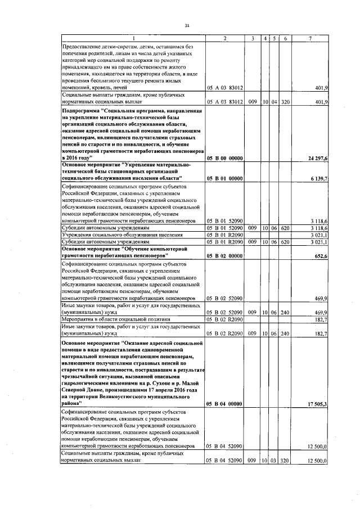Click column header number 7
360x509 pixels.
(311, 38)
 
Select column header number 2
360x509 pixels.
(224, 38)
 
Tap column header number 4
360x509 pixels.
(264, 38)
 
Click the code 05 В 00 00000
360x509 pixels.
(224, 159)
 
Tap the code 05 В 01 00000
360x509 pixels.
(224, 178)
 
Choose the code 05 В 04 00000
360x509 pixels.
(224, 404)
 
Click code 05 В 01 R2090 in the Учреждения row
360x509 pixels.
(224, 235)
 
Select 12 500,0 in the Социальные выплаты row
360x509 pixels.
(318, 461)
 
